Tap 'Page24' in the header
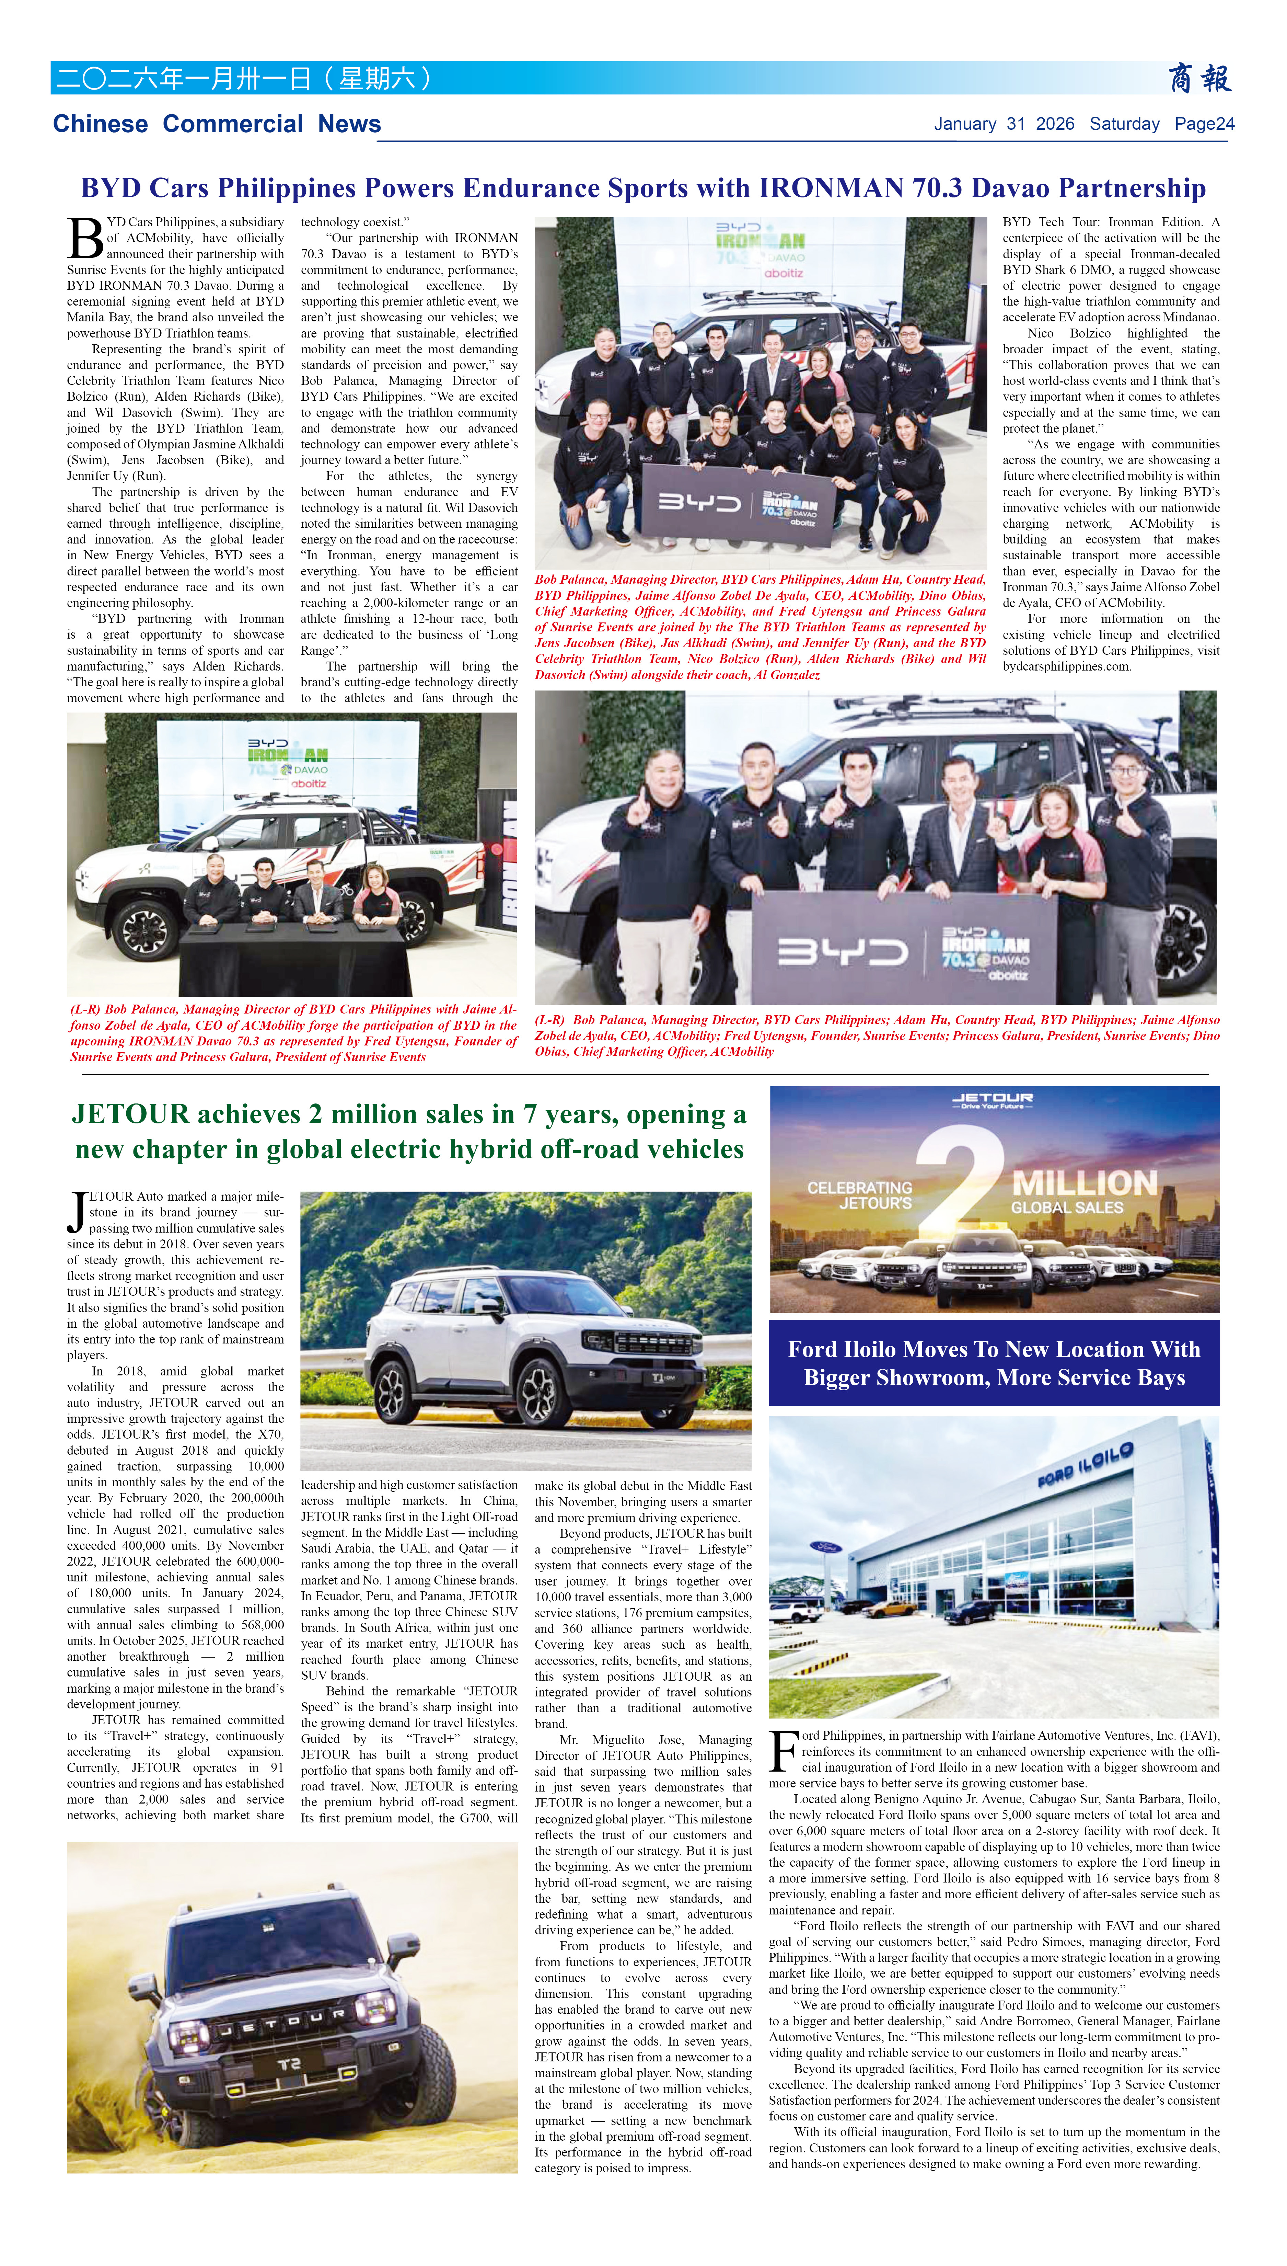pos(1204,124)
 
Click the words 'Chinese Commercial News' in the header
pos(217,124)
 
